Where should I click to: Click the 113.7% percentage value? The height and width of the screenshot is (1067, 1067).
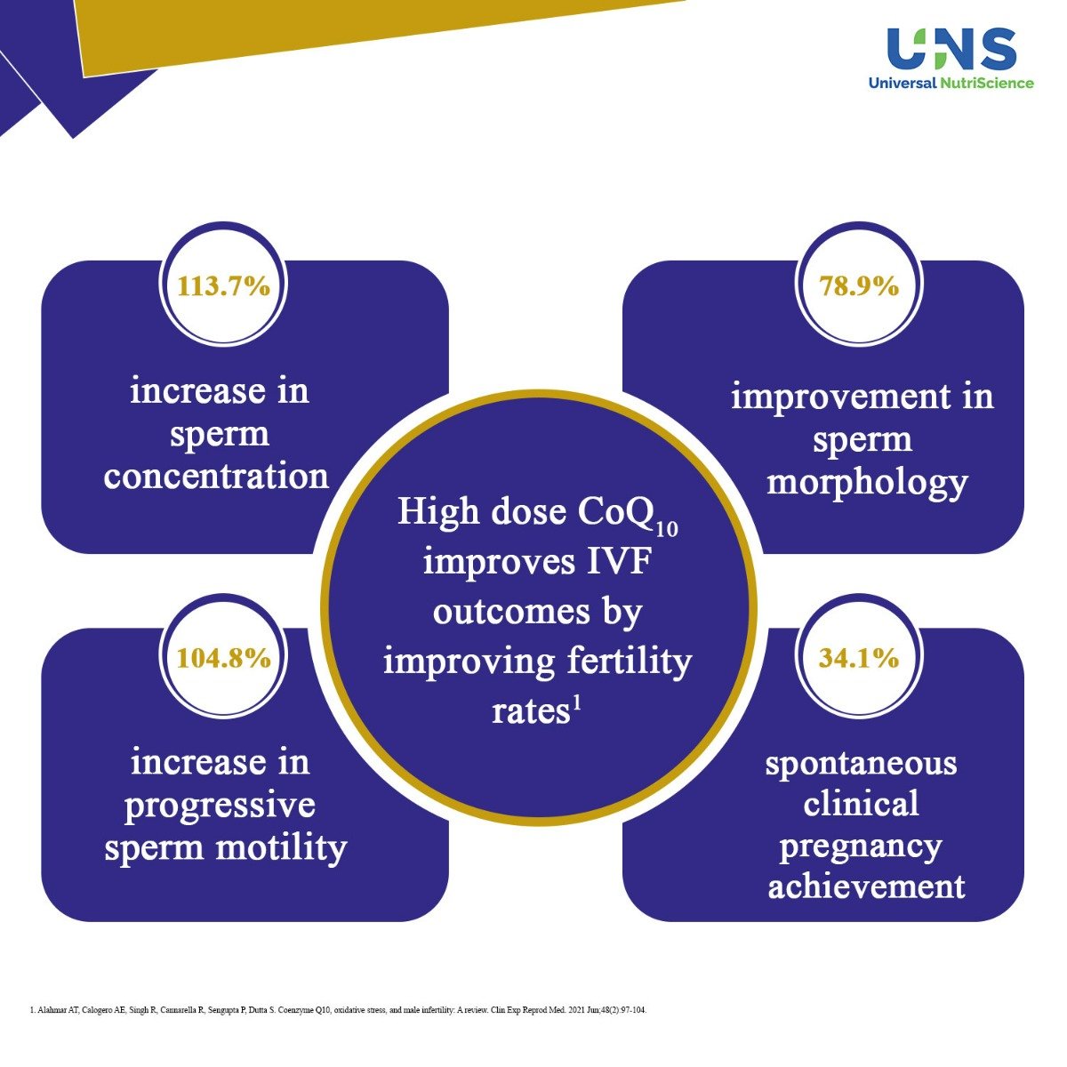click(224, 286)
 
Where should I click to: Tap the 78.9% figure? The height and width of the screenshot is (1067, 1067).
click(859, 286)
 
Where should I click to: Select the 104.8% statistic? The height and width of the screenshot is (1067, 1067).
click(224, 658)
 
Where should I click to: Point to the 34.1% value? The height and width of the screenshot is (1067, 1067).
click(859, 658)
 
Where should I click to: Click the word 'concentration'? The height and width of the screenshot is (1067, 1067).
click(216, 477)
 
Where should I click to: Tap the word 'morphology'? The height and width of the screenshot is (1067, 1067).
click(866, 483)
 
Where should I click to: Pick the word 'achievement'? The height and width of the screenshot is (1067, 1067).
click(866, 886)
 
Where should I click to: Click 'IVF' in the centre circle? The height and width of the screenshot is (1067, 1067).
click(616, 563)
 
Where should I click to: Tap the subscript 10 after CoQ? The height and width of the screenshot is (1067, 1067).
click(667, 529)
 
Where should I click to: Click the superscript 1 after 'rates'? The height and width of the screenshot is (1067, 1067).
click(576, 702)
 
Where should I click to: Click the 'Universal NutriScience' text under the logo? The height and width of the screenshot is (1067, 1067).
click(951, 84)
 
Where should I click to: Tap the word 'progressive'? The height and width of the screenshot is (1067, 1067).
click(220, 806)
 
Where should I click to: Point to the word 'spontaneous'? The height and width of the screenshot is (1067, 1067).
click(861, 763)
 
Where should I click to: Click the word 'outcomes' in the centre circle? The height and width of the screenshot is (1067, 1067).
click(537, 612)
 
